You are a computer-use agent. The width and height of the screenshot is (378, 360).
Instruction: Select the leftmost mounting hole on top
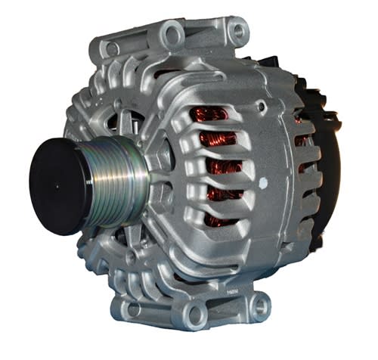click(x=113, y=48)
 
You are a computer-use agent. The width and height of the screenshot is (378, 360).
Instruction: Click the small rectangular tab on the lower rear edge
click(x=302, y=261)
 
